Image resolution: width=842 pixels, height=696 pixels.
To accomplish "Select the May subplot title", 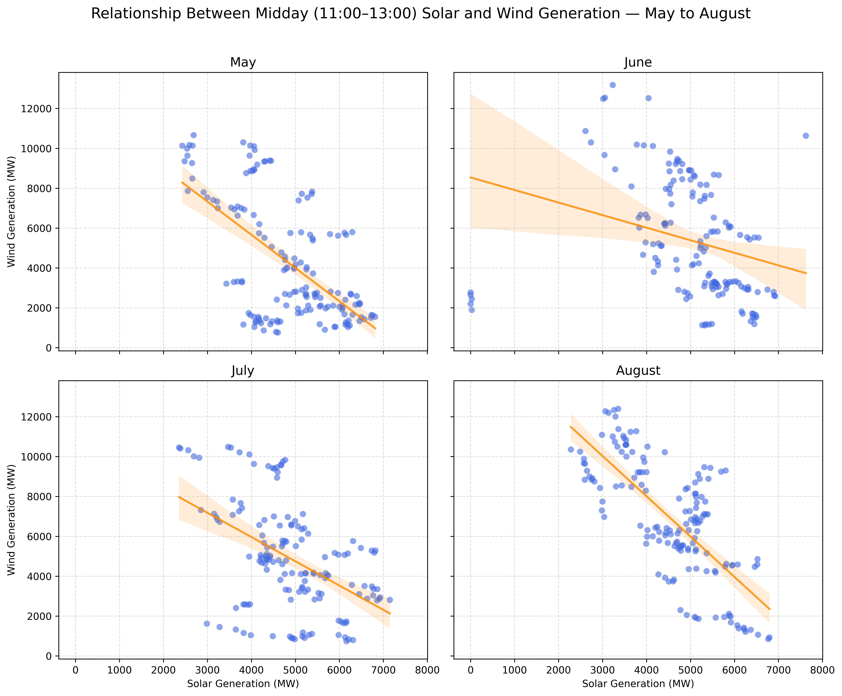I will (x=243, y=62).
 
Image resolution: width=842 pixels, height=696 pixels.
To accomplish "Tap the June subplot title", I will (x=638, y=62).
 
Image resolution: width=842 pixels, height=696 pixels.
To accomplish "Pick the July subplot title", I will (x=243, y=371).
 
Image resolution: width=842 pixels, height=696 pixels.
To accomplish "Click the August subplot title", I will (x=638, y=371).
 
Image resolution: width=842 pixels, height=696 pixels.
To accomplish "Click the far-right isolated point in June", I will (x=806, y=136).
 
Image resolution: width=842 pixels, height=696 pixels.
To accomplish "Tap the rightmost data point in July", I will (x=389, y=600).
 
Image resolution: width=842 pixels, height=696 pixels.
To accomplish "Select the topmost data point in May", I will (x=193, y=135).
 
